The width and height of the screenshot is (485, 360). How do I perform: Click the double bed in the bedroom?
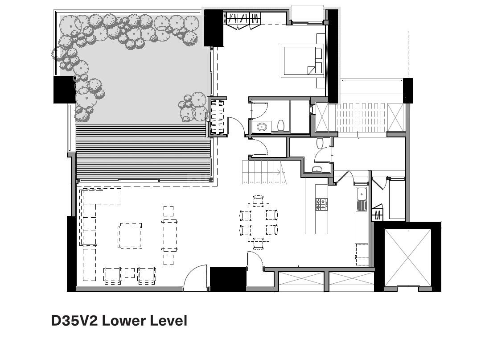pos(302,61)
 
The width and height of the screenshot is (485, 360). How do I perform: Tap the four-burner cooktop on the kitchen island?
pos(321,204)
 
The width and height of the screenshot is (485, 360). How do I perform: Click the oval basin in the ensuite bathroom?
pos(263,127)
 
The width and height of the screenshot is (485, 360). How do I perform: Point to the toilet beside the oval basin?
pos(281,125)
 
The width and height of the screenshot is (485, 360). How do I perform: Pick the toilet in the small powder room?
pos(320,143)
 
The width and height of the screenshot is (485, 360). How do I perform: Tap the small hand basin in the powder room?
pos(317,170)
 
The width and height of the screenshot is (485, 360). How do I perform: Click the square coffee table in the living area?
pos(130,236)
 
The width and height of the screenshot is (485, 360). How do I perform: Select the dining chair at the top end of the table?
pos(258,201)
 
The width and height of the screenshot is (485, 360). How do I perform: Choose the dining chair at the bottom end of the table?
pos(258,244)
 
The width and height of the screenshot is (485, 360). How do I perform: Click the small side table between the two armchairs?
pos(130,273)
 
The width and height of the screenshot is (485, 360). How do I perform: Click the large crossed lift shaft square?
pos(408,257)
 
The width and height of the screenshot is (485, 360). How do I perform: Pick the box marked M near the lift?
pos(378,214)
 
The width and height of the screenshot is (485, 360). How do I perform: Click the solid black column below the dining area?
pos(228,279)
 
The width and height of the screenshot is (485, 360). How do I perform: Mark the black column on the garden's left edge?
pos(64,90)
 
